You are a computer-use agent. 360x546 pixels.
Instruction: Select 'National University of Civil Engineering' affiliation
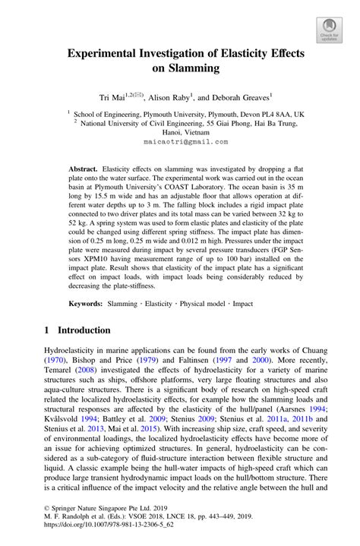(x=149, y=120)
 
